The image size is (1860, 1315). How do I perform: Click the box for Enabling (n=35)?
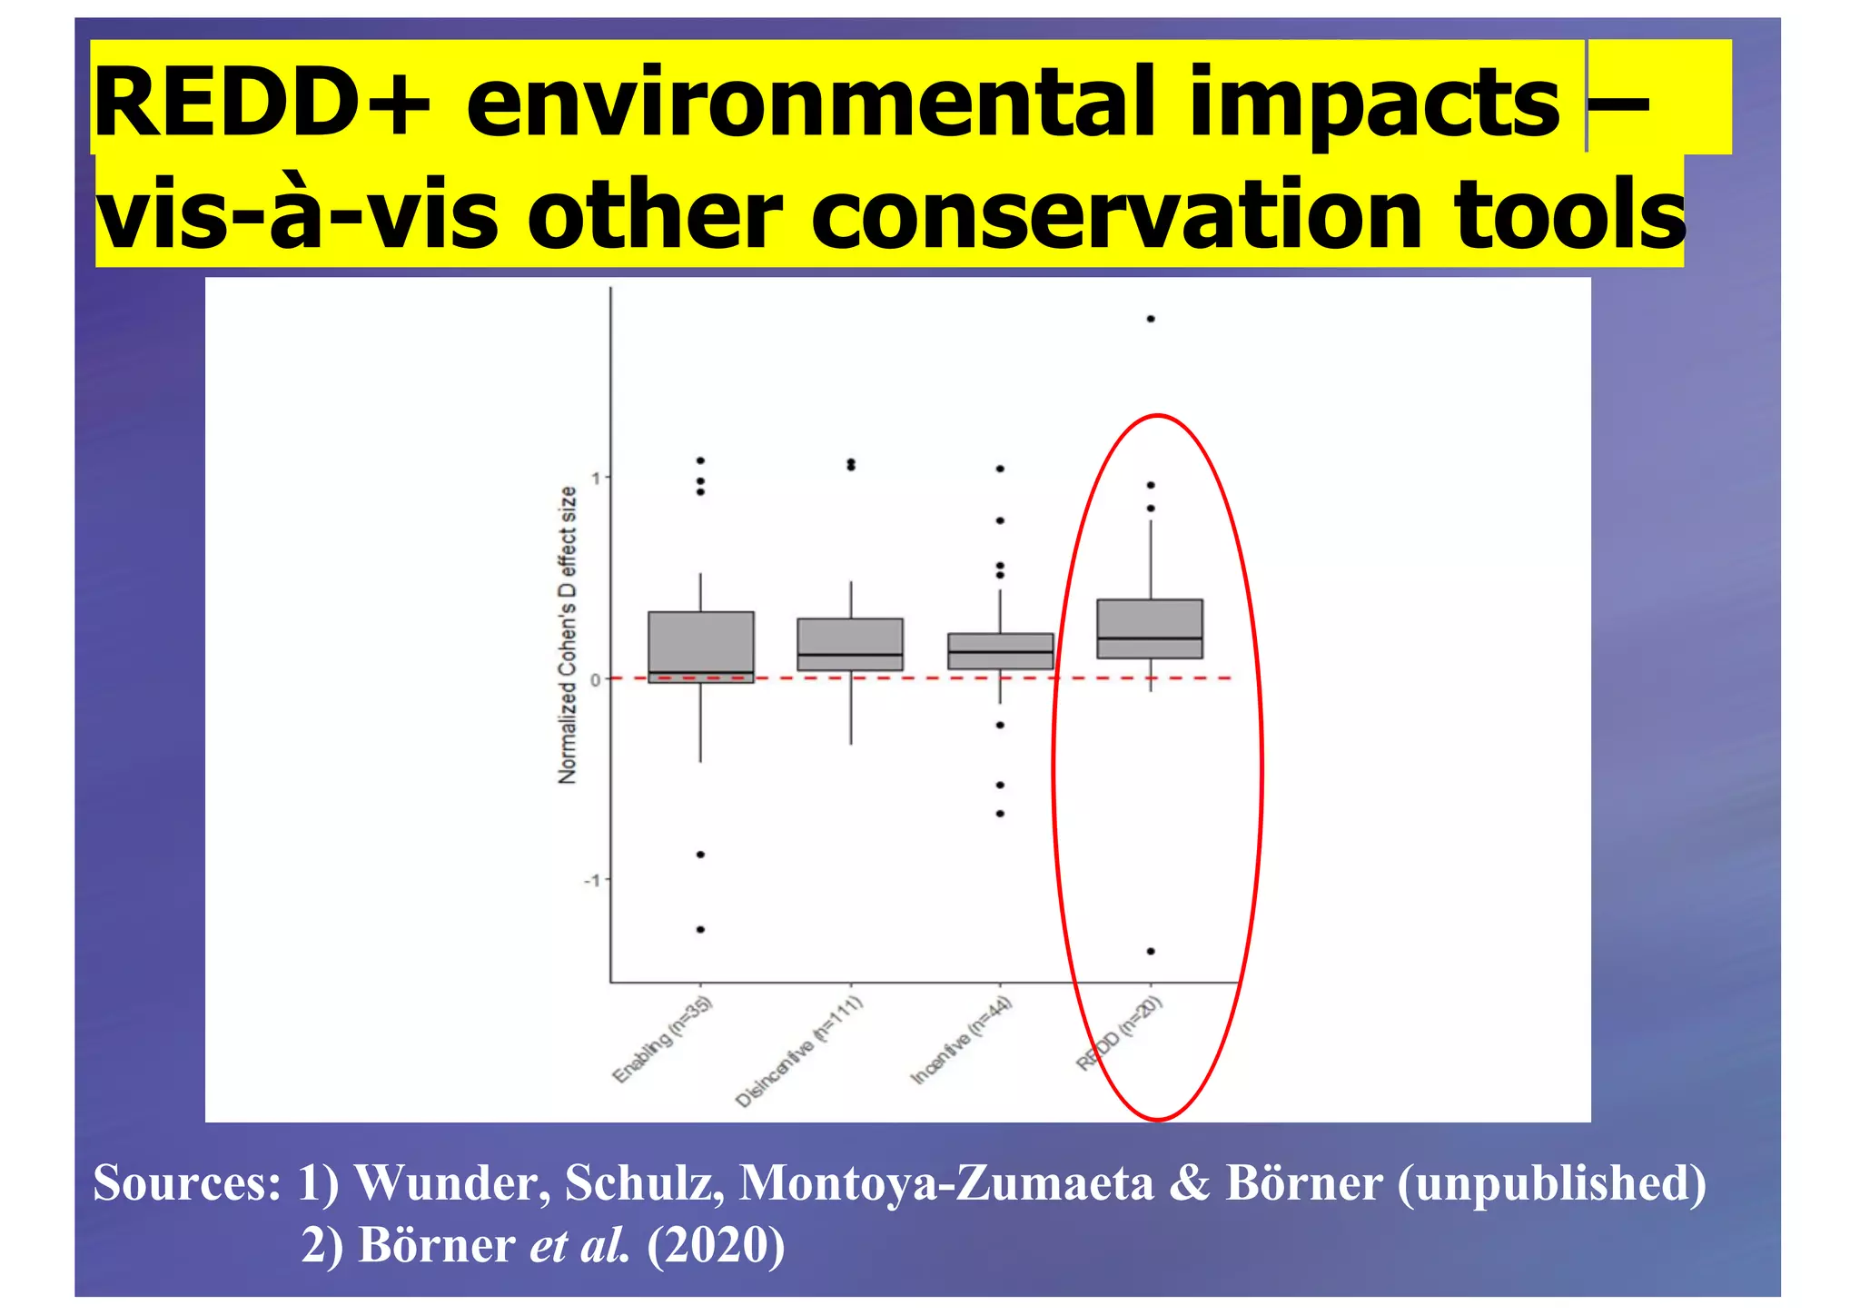pos(700,647)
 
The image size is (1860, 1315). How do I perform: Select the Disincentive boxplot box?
pos(850,644)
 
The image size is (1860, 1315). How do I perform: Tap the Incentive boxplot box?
pos(1000,651)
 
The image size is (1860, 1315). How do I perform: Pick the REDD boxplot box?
pos(1150,628)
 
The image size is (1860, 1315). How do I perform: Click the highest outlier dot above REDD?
pos(1151,319)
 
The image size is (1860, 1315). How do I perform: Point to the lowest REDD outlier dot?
pos(1151,951)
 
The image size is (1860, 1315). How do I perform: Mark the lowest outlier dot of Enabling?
pos(700,929)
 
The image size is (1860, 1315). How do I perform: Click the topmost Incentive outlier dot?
pos(1000,469)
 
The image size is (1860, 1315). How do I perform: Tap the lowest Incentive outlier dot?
pos(1000,814)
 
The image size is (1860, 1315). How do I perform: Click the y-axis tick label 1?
pos(596,478)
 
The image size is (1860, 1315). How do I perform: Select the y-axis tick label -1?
pos(592,880)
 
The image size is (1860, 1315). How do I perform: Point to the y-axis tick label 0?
pos(596,679)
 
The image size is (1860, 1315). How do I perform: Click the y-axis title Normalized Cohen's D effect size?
pos(568,635)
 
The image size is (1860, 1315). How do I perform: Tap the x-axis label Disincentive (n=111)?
pos(799,1052)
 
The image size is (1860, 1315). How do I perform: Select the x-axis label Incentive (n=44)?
pos(962,1040)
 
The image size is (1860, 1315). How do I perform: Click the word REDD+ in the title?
pos(262,103)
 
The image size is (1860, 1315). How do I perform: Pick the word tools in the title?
pos(1569,214)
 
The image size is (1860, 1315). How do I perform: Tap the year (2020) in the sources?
pos(716,1244)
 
